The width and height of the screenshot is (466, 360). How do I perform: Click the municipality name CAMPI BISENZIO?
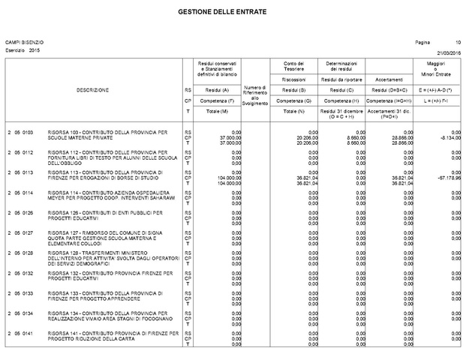(25, 42)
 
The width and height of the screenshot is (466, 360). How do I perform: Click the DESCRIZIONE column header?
(93, 90)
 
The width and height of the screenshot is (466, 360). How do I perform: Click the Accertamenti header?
(389, 79)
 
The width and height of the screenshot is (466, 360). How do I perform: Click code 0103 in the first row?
(27, 132)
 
